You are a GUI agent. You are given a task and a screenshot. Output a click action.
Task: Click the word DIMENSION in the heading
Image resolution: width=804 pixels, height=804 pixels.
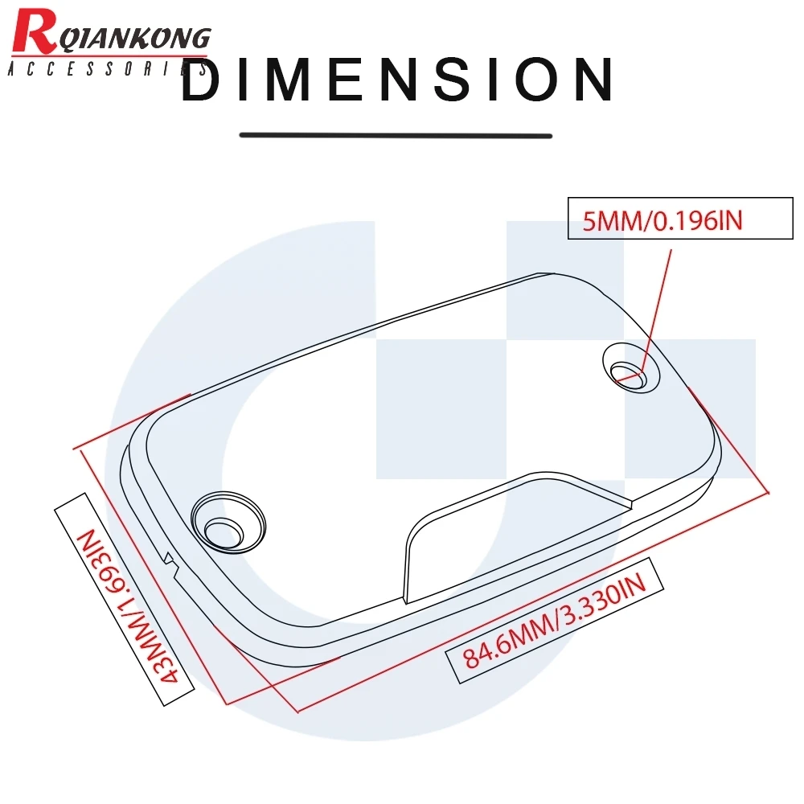click(397, 80)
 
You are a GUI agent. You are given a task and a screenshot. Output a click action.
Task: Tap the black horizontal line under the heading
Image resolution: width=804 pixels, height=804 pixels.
click(396, 135)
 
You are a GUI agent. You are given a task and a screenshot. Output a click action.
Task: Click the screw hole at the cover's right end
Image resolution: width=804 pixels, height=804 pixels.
click(630, 371)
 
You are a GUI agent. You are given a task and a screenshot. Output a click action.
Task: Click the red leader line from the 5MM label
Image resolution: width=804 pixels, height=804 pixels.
click(658, 306)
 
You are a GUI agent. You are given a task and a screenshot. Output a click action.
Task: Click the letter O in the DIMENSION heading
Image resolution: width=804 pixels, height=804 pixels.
click(527, 80)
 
